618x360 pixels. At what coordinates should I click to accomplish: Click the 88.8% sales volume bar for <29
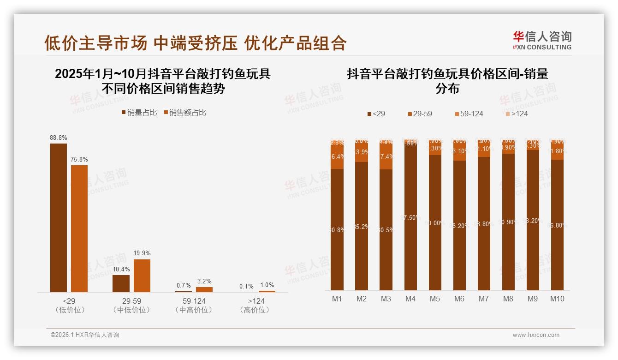tap(59, 217)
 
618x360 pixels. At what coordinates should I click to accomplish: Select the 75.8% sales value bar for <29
tap(79, 228)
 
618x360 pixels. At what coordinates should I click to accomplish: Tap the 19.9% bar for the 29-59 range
tap(142, 276)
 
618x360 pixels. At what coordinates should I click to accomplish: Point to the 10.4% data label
tap(121, 269)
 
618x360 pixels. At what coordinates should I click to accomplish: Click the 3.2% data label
tap(204, 281)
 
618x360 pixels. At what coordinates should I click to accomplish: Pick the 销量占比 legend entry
tap(139, 113)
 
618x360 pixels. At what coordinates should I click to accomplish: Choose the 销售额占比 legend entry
tap(184, 113)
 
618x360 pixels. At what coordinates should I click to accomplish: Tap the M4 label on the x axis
tap(410, 299)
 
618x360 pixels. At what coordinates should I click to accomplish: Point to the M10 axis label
tap(557, 299)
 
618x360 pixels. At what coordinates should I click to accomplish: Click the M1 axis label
tap(337, 299)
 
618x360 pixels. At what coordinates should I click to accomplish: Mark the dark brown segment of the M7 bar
tap(484, 223)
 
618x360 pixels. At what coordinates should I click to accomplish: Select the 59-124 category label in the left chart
tap(194, 301)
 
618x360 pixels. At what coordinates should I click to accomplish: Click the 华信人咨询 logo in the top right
tap(542, 40)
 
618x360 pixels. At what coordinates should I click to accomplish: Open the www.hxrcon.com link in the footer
tap(536, 335)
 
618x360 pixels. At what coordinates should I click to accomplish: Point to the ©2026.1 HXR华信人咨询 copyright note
tap(84, 335)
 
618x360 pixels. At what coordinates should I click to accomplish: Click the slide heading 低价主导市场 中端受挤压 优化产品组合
tap(196, 43)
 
